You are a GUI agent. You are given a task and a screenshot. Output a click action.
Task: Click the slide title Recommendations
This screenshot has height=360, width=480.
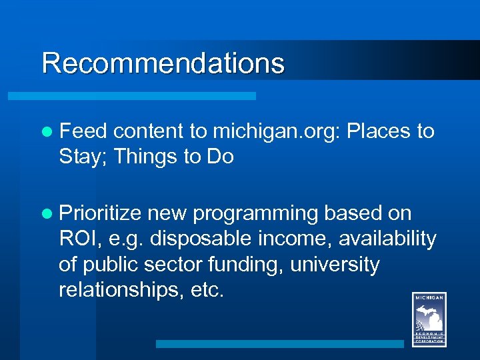click(163, 63)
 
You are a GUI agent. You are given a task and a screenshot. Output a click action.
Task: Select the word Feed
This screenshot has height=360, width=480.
click(79, 131)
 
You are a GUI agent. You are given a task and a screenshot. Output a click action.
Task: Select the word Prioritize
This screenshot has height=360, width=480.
click(100, 213)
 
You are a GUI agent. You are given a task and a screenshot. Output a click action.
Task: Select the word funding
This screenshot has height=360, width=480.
click(246, 265)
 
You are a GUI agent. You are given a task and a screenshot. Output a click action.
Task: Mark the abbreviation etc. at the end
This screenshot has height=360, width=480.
click(203, 290)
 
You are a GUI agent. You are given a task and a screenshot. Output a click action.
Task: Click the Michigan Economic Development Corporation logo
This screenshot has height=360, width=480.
click(429, 319)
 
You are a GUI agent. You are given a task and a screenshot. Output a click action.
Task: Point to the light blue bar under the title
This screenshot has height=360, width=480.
click(131, 96)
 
